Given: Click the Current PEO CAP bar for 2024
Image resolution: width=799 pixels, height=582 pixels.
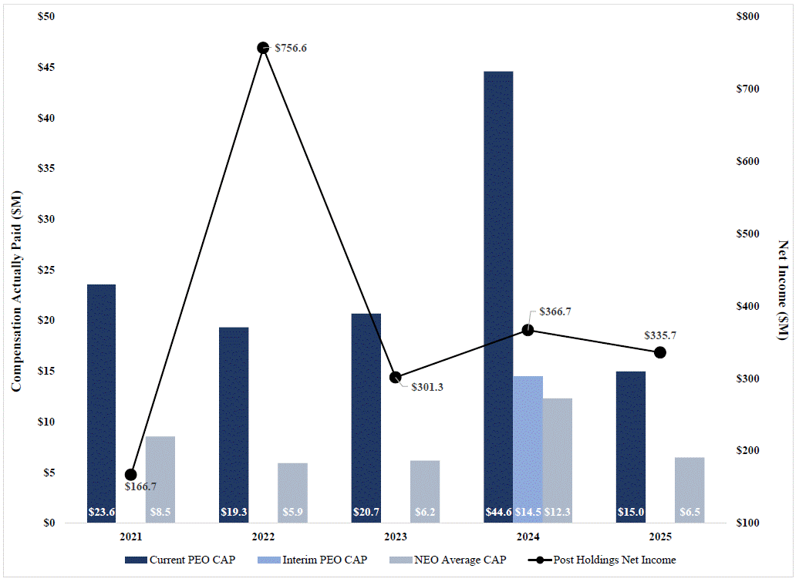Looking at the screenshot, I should (497, 293).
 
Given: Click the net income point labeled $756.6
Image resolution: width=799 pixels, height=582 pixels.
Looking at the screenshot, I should (263, 48).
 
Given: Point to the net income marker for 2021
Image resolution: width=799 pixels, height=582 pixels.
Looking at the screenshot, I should (130, 475).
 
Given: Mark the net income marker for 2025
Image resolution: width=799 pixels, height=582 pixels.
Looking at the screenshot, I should (660, 352).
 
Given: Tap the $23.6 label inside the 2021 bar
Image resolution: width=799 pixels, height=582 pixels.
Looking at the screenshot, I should (101, 512).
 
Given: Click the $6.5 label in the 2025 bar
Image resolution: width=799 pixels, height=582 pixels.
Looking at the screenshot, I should (689, 512).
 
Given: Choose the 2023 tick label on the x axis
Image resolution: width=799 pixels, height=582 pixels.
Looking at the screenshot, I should (395, 537).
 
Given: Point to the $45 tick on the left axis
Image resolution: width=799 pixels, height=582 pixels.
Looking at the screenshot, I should (47, 68).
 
